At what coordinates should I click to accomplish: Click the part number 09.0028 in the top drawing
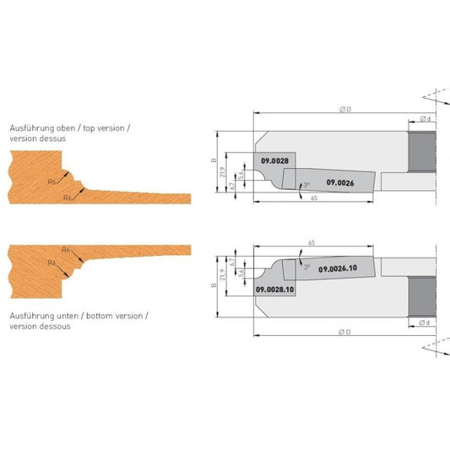coord(274,161)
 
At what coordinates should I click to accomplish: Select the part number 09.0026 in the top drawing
coord(340,183)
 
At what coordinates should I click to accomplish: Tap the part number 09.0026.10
coord(338,268)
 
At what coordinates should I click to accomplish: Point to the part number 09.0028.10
coord(275,290)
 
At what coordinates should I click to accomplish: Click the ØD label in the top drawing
coord(345,110)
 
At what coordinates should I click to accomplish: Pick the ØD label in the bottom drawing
coord(344,332)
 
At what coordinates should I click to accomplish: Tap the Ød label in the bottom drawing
coord(425,323)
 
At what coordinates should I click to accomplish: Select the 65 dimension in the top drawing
coord(314,198)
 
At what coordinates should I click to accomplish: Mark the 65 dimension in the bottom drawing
coord(312,243)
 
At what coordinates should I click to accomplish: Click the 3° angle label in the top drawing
coord(306,185)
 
